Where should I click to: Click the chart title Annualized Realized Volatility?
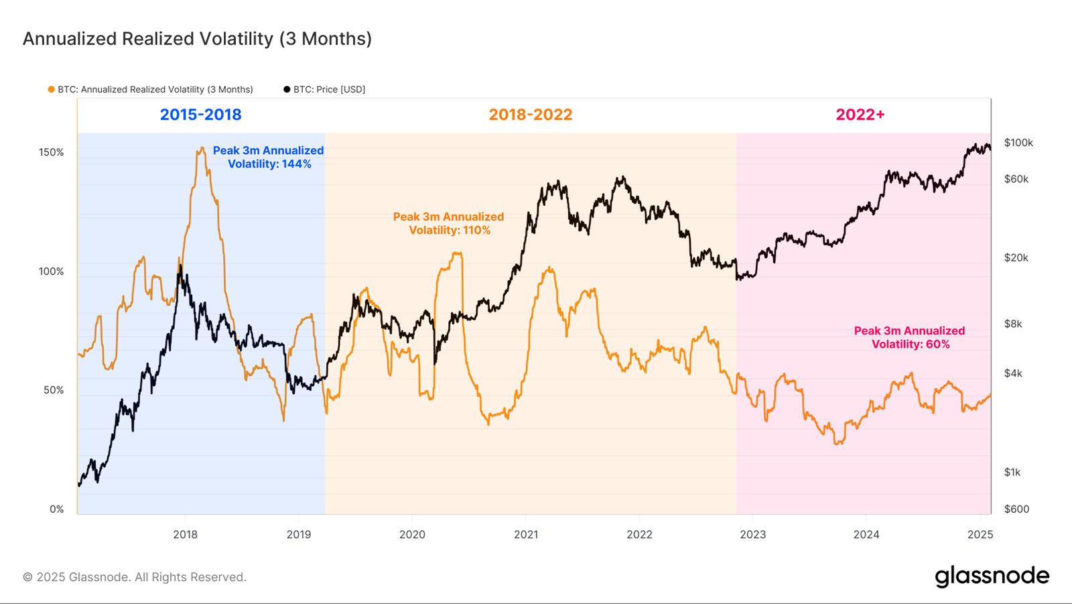(x=197, y=39)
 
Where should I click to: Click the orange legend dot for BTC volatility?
(x=51, y=89)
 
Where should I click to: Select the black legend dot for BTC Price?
(x=287, y=89)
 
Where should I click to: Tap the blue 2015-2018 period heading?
(x=200, y=115)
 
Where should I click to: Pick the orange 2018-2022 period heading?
(x=530, y=115)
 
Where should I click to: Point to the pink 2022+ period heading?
(x=860, y=115)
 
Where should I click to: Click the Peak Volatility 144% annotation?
(x=269, y=158)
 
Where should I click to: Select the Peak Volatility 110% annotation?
(x=448, y=223)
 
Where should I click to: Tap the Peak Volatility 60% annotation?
(x=909, y=337)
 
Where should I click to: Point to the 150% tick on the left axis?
(x=52, y=152)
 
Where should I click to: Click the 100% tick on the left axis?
(x=52, y=271)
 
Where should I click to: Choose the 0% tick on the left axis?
(x=56, y=509)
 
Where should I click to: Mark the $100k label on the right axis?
(x=1018, y=143)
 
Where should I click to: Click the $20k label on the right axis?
(x=1016, y=258)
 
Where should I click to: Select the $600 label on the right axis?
(x=1016, y=509)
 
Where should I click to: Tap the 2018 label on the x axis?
(x=186, y=534)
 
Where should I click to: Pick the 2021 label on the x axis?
(x=526, y=534)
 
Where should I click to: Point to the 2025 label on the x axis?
(x=980, y=534)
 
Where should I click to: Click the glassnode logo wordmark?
(x=992, y=577)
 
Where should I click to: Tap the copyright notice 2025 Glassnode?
(x=135, y=577)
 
